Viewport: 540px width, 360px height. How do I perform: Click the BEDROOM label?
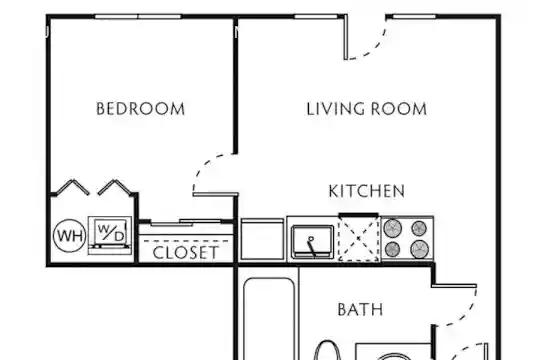pos(141,109)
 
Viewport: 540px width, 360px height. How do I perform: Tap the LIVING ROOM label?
pos(366,109)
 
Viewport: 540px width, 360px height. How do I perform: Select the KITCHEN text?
pos(366,191)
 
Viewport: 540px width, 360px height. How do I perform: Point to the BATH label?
pos(360,309)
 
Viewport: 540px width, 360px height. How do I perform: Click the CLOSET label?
pos(185,253)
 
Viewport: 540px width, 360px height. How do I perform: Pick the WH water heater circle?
pos(70,236)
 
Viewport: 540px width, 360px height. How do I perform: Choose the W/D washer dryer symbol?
pos(110,235)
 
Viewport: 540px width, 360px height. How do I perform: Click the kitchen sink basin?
pos(313,241)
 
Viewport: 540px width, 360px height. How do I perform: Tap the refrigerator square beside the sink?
pos(262,239)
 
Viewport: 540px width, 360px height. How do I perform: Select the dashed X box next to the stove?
pos(359,239)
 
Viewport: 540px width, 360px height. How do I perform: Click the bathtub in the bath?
pos(269,319)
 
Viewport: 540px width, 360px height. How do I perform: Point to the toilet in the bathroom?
pos(328,351)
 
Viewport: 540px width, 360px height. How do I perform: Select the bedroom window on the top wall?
pos(138,17)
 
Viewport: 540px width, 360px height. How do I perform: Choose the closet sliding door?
pos(185,223)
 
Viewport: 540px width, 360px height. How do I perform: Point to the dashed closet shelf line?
pos(186,241)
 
